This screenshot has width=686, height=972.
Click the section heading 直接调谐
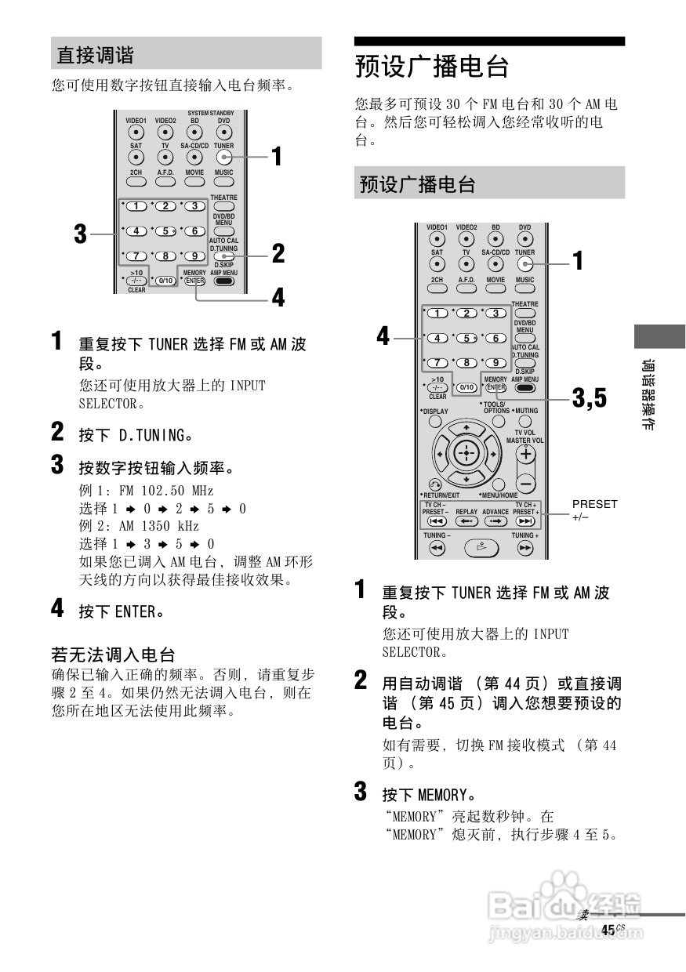[95, 55]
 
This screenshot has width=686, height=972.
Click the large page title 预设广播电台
[432, 67]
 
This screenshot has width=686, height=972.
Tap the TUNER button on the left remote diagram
[223, 158]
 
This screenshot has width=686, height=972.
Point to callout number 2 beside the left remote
[278, 253]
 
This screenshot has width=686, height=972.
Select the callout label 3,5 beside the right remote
[589, 398]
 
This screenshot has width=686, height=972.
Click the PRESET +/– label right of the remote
[594, 510]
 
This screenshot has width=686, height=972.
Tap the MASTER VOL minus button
[526, 483]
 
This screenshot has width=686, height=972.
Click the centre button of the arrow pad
[466, 454]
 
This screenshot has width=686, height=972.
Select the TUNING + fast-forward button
[525, 549]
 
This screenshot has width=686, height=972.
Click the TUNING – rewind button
[437, 549]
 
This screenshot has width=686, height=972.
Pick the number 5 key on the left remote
[165, 231]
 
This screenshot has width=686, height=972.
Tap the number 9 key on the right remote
[495, 362]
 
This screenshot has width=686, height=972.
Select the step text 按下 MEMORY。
[429, 793]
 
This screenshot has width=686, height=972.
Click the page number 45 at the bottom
[608, 929]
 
